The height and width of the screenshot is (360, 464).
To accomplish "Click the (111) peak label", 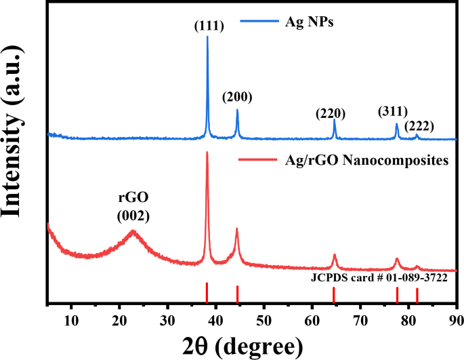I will [x=207, y=26].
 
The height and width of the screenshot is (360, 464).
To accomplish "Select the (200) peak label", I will [x=237, y=97].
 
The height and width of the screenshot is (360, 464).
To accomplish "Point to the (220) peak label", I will [x=331, y=113].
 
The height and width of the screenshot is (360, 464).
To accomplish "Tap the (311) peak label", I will [x=394, y=111].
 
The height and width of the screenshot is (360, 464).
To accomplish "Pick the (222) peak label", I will [x=419, y=125].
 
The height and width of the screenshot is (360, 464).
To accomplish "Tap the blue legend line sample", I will [x=255, y=22].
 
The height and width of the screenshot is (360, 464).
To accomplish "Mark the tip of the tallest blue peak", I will [x=207, y=37].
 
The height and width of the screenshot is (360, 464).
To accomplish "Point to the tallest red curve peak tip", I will [x=207, y=153].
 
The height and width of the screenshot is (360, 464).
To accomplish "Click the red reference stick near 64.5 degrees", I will [x=334, y=295].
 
